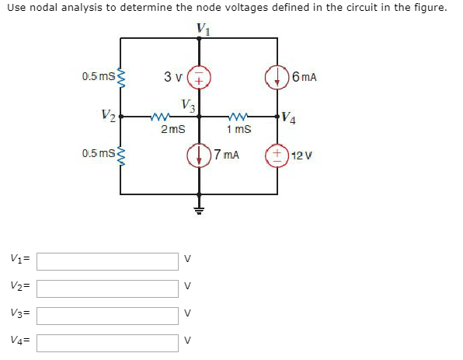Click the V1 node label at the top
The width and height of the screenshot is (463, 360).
203,28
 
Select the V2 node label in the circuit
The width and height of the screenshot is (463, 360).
109,117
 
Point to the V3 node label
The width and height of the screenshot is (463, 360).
188,105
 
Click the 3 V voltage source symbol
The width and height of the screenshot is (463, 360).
199,78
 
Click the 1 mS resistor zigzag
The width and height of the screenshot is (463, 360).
237,117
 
